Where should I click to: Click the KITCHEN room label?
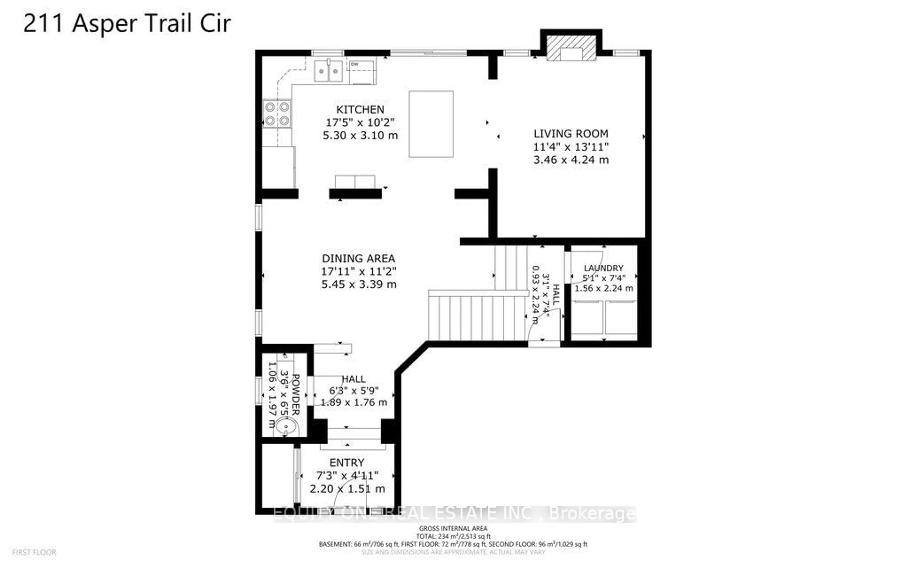[x=360, y=109]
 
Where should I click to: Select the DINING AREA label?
[x=358, y=258]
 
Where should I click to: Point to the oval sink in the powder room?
[x=287, y=427]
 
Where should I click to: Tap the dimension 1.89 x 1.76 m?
[x=353, y=402]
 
